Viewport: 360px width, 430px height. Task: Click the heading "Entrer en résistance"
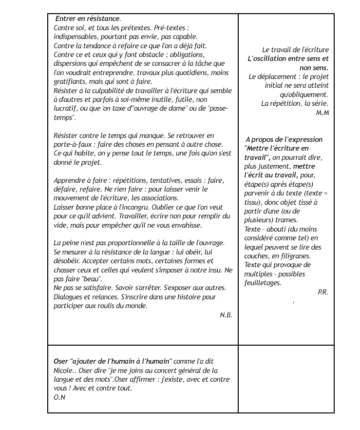88,19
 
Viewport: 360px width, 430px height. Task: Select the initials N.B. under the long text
226,315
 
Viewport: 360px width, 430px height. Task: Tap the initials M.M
322,113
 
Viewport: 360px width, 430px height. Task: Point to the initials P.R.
322,292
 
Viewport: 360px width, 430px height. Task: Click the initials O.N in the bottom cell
59,397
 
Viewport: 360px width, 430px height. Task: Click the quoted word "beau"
91,279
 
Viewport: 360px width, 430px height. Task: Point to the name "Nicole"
64,371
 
